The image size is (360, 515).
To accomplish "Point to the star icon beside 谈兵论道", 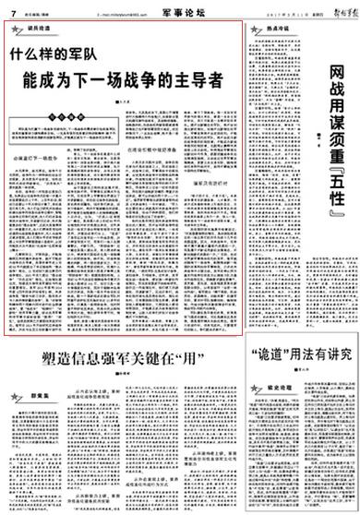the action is coord(17,29).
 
